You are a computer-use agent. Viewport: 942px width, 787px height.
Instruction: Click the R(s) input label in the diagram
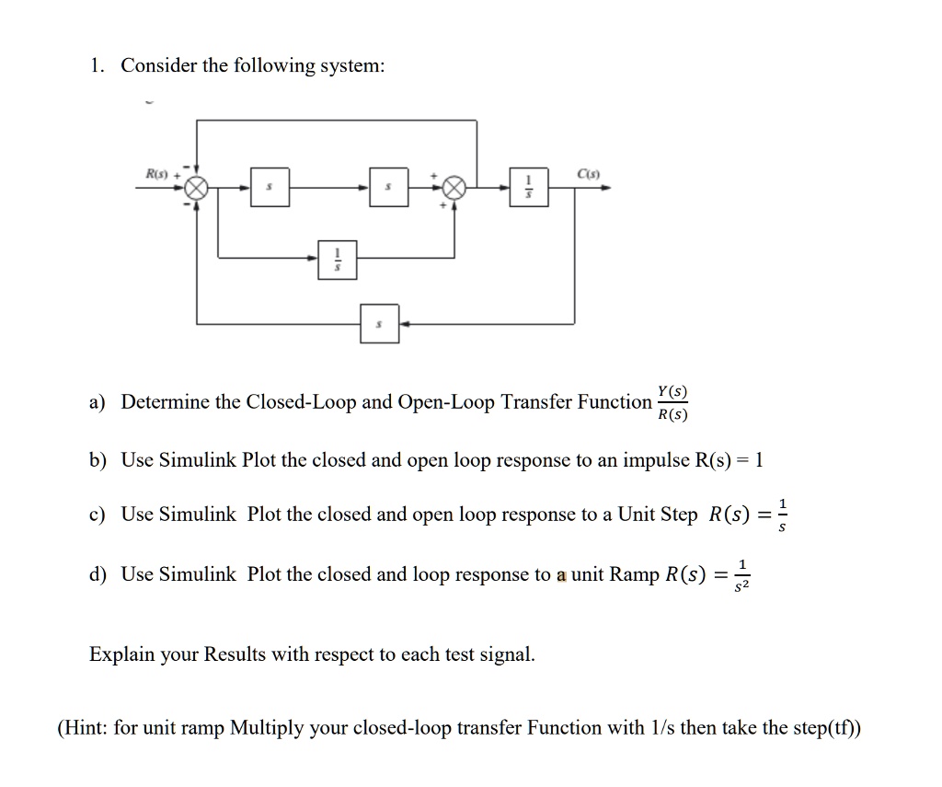pos(155,173)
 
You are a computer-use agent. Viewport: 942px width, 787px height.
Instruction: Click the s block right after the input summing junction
pos(270,188)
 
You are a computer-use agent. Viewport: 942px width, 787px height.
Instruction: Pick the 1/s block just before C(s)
pos(528,188)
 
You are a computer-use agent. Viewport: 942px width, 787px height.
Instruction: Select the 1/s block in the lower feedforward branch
pos(338,260)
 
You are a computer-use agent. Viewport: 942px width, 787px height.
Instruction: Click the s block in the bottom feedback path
pos(380,324)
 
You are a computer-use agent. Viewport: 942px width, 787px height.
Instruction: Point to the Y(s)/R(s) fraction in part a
pos(673,402)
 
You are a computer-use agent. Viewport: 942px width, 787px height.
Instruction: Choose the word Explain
pos(120,655)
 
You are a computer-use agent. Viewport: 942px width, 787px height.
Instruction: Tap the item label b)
pos(98,460)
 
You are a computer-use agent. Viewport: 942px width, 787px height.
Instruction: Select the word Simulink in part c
pos(198,515)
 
